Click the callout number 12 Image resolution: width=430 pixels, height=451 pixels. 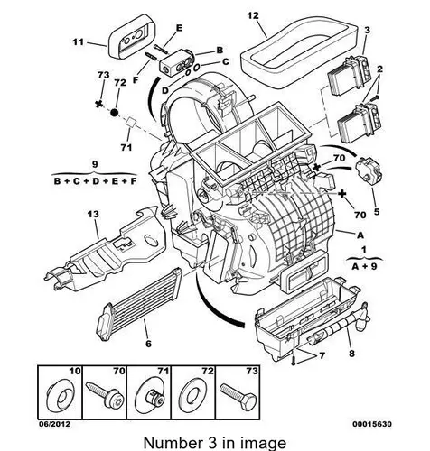[x=253, y=15]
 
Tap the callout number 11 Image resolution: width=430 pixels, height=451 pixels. [x=78, y=41]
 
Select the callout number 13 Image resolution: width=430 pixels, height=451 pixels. [x=93, y=215]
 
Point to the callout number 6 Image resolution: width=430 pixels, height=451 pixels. [x=148, y=344]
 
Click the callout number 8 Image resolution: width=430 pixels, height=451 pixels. [x=351, y=354]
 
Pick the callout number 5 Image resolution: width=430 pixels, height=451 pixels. [x=377, y=212]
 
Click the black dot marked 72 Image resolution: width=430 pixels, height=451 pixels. [x=115, y=113]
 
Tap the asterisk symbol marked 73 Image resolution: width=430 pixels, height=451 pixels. [x=98, y=104]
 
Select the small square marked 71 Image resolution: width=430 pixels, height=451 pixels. [x=131, y=122]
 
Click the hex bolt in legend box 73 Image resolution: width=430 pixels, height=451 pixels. [x=238, y=396]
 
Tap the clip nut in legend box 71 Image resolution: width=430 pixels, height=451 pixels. [x=151, y=397]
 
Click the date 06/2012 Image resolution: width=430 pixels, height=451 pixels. [x=54, y=424]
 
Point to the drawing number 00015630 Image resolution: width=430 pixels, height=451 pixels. [x=372, y=424]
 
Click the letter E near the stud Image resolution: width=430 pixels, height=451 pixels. [x=179, y=28]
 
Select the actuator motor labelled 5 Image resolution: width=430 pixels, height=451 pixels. [x=368, y=170]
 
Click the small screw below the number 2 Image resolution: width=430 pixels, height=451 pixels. [x=376, y=97]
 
